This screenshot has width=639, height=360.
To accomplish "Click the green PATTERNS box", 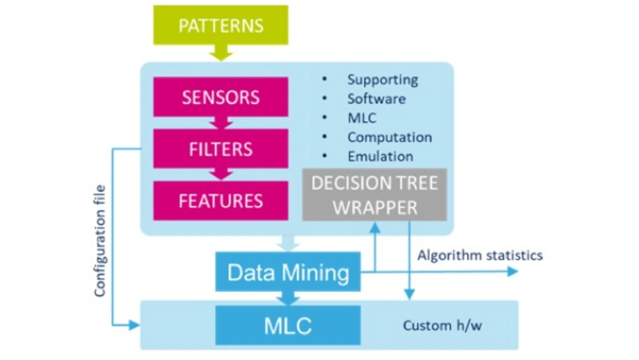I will pyautogui.click(x=221, y=25).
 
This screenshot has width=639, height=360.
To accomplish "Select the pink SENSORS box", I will pyautogui.click(x=221, y=97).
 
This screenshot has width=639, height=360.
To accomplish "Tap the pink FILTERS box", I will pyautogui.click(x=221, y=149).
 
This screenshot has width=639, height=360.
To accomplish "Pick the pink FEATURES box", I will pyautogui.click(x=221, y=201).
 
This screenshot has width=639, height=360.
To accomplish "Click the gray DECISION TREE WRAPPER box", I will pyautogui.click(x=374, y=195).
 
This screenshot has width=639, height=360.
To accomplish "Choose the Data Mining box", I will pyautogui.click(x=288, y=272).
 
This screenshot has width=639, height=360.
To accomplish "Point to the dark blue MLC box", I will pyautogui.click(x=288, y=326).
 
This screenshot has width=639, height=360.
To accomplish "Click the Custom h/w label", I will pyautogui.click(x=442, y=326).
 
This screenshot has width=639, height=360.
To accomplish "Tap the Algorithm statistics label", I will pyautogui.click(x=480, y=256).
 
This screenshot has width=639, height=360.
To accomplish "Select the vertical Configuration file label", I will pyautogui.click(x=100, y=241).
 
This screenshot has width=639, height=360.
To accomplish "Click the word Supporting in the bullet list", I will pyautogui.click(x=382, y=79).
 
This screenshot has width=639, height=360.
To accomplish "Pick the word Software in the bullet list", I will pyautogui.click(x=376, y=98).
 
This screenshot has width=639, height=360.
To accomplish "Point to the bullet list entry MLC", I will pyautogui.click(x=362, y=118).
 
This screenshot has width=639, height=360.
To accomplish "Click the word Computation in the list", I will pyautogui.click(x=389, y=137).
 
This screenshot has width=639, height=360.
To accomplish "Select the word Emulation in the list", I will pyautogui.click(x=380, y=156).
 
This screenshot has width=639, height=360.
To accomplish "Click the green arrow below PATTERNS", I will pyautogui.click(x=221, y=52).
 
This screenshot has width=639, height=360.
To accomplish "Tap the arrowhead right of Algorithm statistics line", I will pyautogui.click(x=513, y=272).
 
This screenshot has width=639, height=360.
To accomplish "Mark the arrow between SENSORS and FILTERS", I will pyautogui.click(x=221, y=123).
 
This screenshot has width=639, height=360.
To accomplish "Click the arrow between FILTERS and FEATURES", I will pyautogui.click(x=221, y=174).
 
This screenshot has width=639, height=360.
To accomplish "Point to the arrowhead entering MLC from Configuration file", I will pyautogui.click(x=134, y=326).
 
